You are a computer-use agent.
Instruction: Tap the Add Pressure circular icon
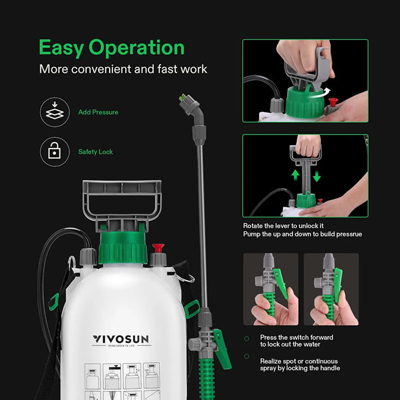click(54, 112)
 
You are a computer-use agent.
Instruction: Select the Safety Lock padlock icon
click(54, 151)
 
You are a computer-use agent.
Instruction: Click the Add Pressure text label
click(98, 112)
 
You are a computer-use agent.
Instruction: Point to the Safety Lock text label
click(95, 152)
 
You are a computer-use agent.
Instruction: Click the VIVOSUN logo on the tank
click(121, 340)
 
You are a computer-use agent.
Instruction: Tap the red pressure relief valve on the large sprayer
click(158, 249)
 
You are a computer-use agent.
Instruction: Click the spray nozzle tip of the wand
click(184, 98)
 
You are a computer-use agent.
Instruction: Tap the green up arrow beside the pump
click(295, 174)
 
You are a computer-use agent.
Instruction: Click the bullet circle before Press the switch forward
click(247, 338)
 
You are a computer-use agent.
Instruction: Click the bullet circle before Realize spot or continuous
click(247, 356)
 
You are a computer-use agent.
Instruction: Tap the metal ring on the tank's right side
click(185, 278)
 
